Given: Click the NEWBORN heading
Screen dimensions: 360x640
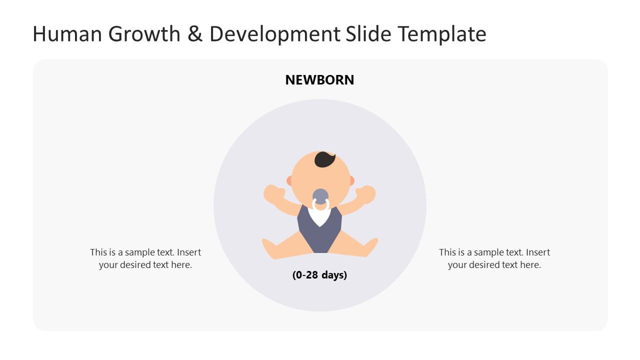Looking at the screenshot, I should pos(319,80).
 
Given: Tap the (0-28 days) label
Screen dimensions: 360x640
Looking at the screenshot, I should pos(319,275).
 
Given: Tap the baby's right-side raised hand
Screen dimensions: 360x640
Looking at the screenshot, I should pos(367,194).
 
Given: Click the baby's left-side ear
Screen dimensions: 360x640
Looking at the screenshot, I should pos(289,180).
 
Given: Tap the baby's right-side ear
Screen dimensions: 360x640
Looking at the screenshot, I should pos(351,180).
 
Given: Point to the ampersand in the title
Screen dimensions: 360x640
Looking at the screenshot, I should pos(192,34).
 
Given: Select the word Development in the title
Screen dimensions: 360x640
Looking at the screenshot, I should pos(274,34).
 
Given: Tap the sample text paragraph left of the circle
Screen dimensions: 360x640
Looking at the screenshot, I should pos(145,258).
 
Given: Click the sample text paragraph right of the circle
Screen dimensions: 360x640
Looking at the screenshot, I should pos(494,258).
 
